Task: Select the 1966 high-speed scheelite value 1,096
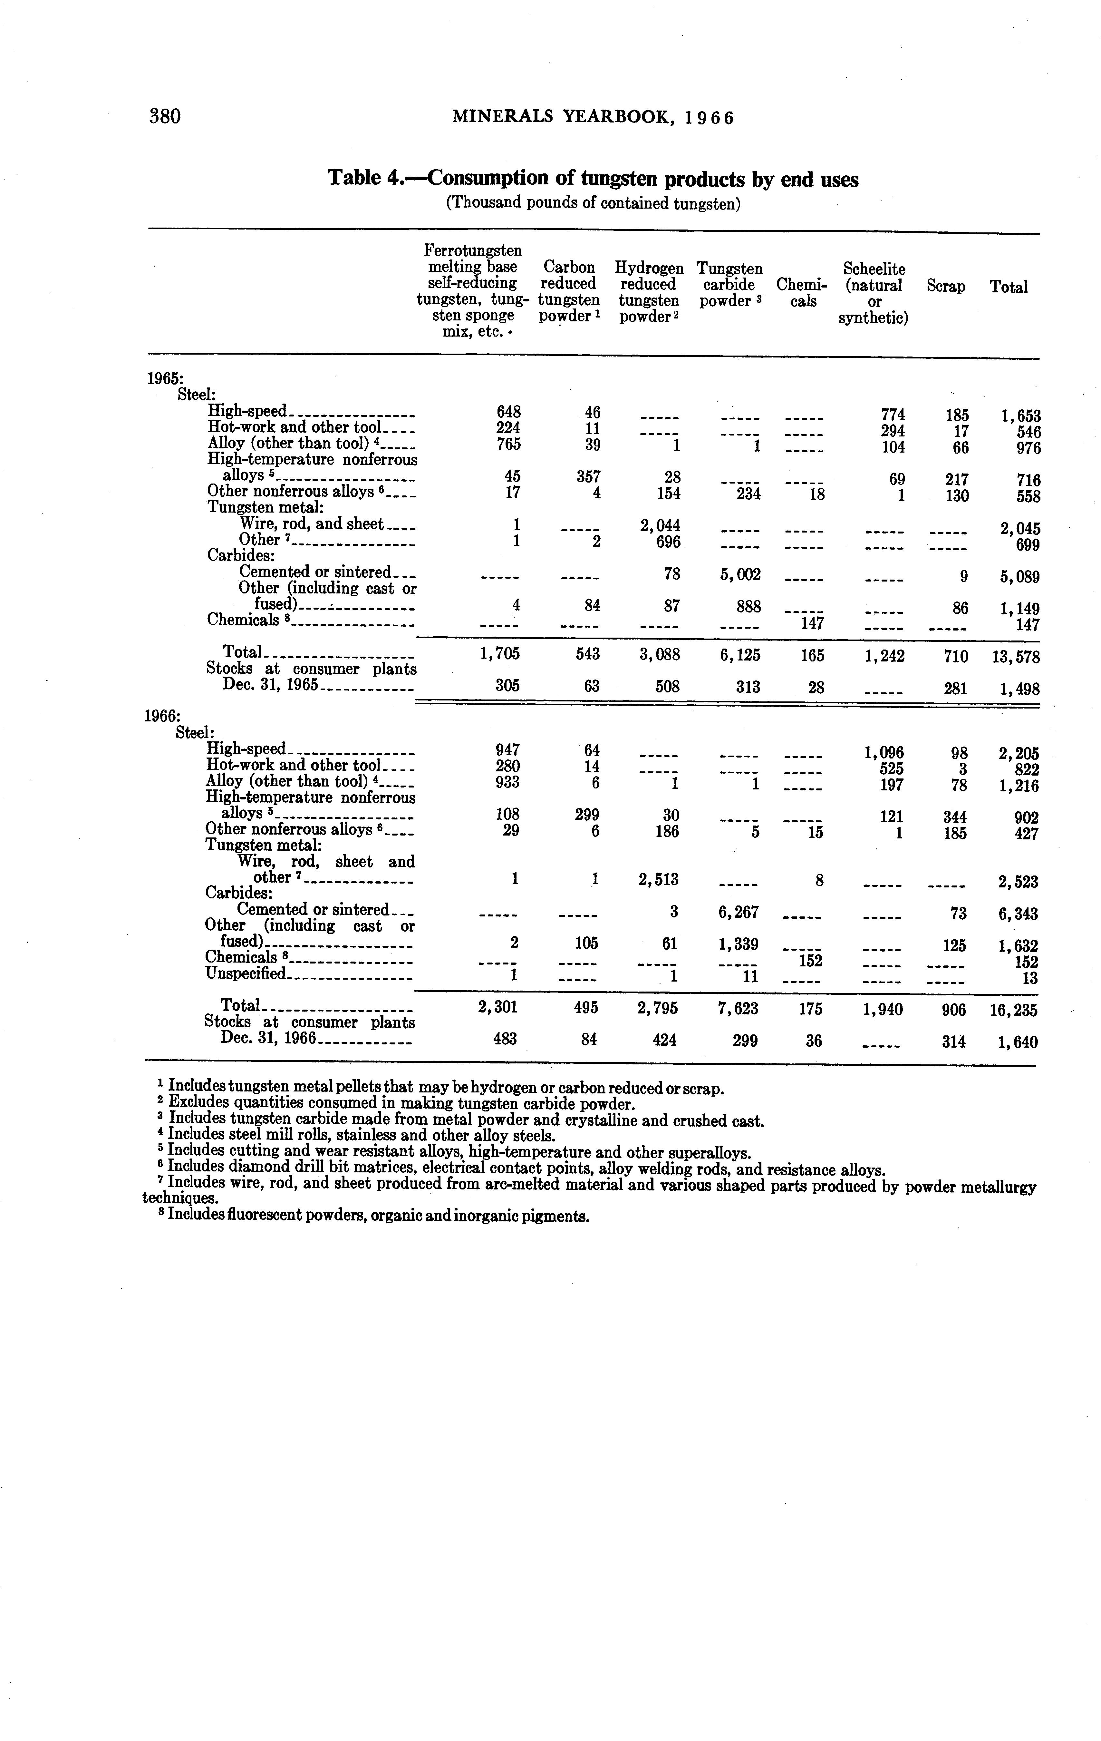(884, 753)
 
